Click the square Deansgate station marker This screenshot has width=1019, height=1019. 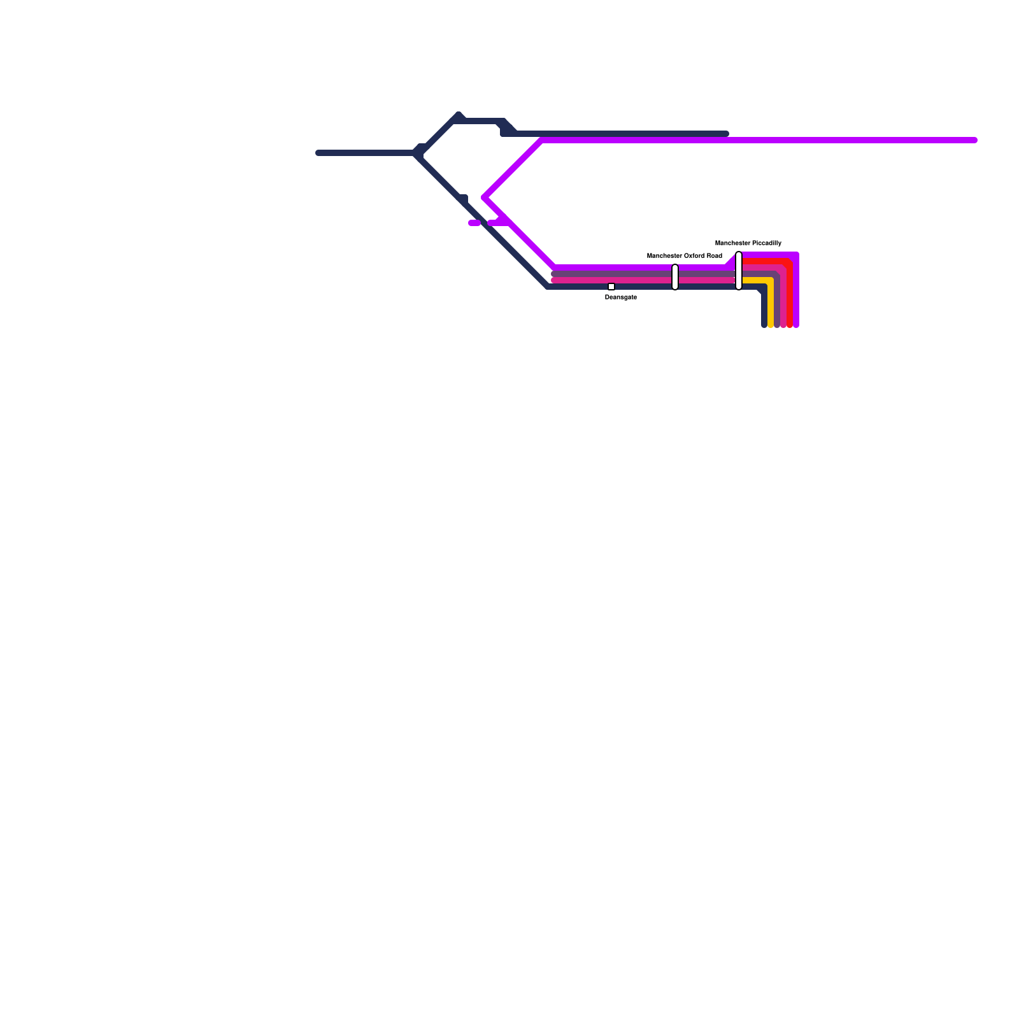[611, 287]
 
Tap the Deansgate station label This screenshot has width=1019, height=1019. [620, 297]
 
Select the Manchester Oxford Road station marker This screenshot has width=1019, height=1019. [675, 277]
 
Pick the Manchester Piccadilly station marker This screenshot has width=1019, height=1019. [739, 271]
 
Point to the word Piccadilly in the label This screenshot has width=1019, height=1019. [766, 243]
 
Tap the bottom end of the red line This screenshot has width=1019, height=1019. [790, 325]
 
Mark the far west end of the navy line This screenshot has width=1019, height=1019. [318, 153]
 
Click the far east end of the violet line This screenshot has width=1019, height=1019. [974, 140]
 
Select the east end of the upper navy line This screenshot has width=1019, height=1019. [726, 134]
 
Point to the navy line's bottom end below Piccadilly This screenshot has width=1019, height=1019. [764, 325]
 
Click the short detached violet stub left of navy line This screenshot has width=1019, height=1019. [474, 223]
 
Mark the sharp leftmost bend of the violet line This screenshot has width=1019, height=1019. [485, 197]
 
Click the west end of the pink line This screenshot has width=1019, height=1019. [554, 280]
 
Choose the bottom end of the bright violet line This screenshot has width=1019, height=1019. [796, 325]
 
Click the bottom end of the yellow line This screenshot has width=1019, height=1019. [771, 325]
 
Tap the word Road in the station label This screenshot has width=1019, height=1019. [715, 256]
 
